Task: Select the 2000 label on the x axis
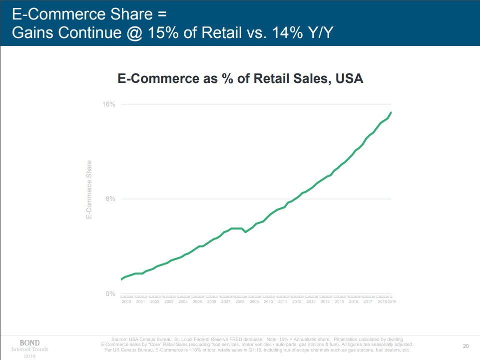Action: [x=126, y=302]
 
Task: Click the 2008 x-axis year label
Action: [x=240, y=302]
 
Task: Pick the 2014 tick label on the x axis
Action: [x=325, y=302]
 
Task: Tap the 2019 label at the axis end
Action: [x=392, y=302]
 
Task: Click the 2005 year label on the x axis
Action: [x=197, y=302]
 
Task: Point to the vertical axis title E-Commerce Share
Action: [x=89, y=189]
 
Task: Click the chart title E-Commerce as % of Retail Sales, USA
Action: [x=240, y=78]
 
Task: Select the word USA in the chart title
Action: [x=349, y=78]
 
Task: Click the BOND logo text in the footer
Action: [x=29, y=343]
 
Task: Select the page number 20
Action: [x=466, y=345]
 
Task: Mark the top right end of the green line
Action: [x=391, y=112]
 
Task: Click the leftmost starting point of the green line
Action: [x=121, y=279]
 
